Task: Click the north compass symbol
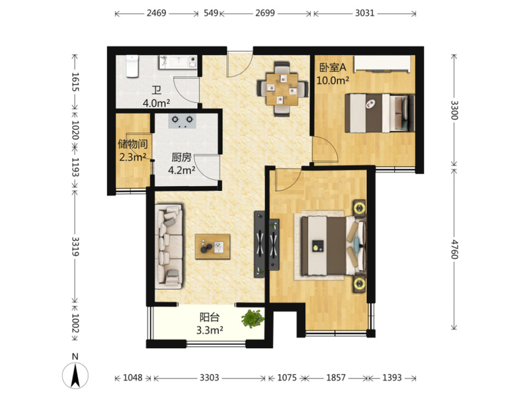tap(75, 375)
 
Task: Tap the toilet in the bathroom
tap(132, 66)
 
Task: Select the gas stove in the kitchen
tap(183, 121)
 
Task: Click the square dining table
tap(282, 89)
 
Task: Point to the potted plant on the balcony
tap(253, 318)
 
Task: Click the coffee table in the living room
tap(212, 247)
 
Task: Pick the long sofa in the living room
tap(169, 246)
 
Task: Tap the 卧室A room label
tap(333, 67)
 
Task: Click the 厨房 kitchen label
tap(181, 157)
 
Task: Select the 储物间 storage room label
tap(133, 144)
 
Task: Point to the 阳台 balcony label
tap(210, 318)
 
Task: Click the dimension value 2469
tap(156, 13)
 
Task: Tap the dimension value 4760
tap(454, 249)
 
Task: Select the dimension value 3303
tap(209, 377)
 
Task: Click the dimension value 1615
tap(75, 81)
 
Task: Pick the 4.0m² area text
tap(156, 103)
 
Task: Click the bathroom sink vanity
tap(178, 62)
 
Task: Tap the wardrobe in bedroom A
tap(382, 64)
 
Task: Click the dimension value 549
tap(211, 13)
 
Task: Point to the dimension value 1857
tap(336, 377)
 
